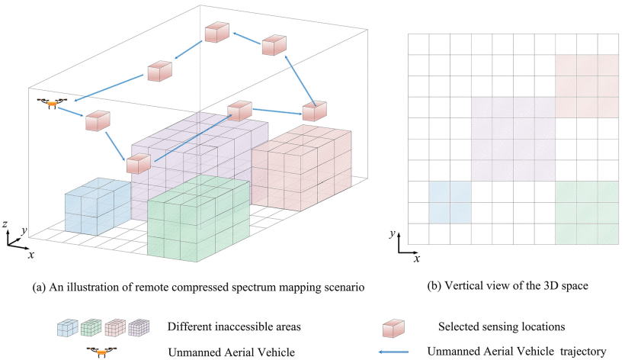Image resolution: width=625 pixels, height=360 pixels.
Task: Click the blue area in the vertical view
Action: (450, 202)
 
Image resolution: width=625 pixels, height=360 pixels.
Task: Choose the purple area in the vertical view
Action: (512, 139)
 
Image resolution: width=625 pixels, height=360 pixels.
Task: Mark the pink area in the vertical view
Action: (586, 86)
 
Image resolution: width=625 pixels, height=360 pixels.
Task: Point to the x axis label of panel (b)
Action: (417, 259)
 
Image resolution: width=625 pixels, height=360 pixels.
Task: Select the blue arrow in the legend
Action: (399, 352)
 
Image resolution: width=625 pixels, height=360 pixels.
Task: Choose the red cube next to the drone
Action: (98, 122)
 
